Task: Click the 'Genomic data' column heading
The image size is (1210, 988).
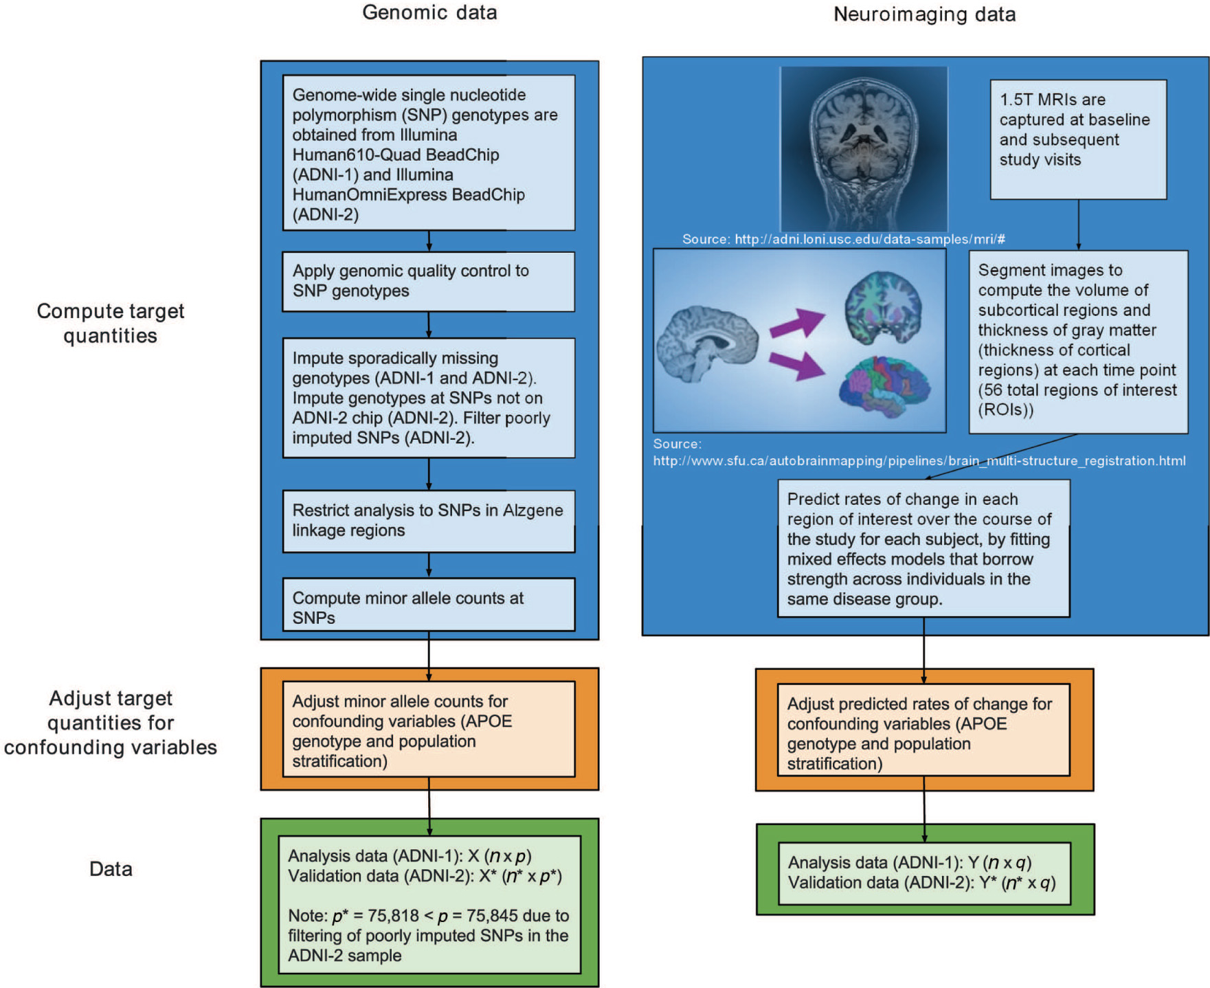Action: pyautogui.click(x=429, y=12)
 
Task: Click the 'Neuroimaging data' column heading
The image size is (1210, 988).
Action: pyautogui.click(x=924, y=14)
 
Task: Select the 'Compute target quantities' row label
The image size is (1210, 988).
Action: pyautogui.click(x=111, y=323)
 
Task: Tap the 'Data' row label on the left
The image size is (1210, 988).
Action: pyautogui.click(x=111, y=869)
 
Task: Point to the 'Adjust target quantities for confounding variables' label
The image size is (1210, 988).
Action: pyautogui.click(x=111, y=723)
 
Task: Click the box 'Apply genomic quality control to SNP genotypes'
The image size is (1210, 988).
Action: pyautogui.click(x=428, y=281)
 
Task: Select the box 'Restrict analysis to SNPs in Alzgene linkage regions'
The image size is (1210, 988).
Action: pyautogui.click(x=428, y=521)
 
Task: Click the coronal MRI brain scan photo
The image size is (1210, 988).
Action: pyautogui.click(x=864, y=148)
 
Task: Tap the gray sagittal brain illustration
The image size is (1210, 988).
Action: pyautogui.click(x=708, y=344)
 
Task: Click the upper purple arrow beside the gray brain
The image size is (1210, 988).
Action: pyautogui.click(x=797, y=323)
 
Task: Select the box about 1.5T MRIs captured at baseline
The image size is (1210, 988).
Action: pyautogui.click(x=1077, y=139)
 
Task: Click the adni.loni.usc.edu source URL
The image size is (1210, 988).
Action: pyautogui.click(x=869, y=239)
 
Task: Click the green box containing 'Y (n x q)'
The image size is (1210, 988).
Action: pyautogui.click(x=924, y=873)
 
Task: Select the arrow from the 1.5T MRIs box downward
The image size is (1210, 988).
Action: pyautogui.click(x=1078, y=225)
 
